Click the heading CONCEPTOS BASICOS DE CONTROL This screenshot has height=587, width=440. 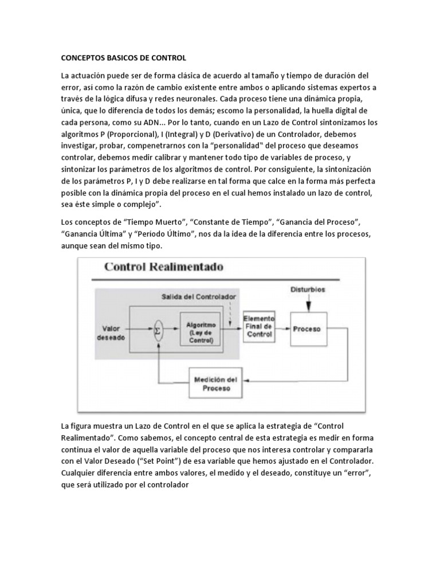(124, 58)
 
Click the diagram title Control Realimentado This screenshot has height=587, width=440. (164, 267)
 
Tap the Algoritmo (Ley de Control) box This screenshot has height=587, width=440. (200, 330)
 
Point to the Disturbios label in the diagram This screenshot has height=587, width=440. (308, 289)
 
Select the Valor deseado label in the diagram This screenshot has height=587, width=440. (111, 333)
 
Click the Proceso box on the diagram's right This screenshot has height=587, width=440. (308, 329)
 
